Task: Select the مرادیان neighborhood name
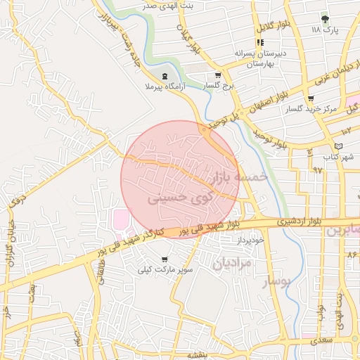click(230, 263)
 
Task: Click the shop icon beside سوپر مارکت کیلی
click(165, 259)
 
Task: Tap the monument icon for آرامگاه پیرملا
click(165, 76)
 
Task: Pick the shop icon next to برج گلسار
click(218, 76)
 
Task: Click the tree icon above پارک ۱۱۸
click(324, 19)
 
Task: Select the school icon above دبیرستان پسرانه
click(260, 43)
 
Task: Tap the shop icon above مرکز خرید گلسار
click(311, 98)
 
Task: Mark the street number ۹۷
click(317, 170)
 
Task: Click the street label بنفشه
click(188, 355)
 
